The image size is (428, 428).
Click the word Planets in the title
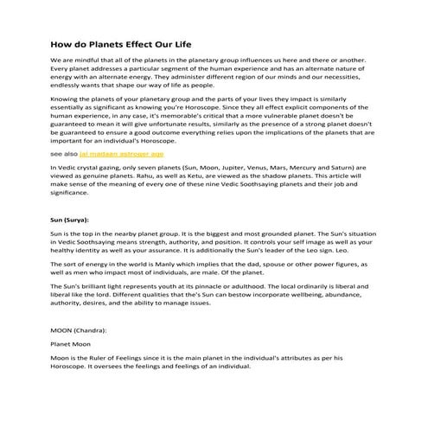click(x=101, y=42)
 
